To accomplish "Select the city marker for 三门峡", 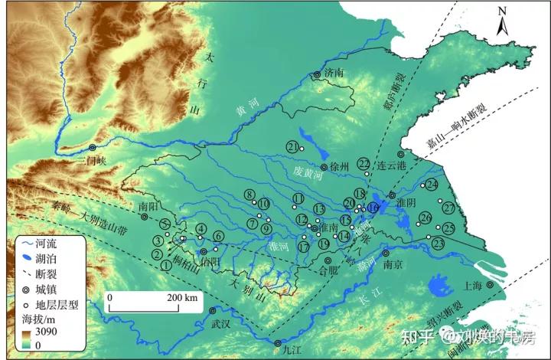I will click(93, 148).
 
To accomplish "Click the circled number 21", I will click(292, 146).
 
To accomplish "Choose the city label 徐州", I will click(339, 166).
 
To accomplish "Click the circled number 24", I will click(432, 185).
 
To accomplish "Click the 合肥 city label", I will click(328, 270).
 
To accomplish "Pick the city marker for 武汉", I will click(212, 310).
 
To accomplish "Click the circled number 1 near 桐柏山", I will click(166, 265).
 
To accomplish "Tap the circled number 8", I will click(249, 194).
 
